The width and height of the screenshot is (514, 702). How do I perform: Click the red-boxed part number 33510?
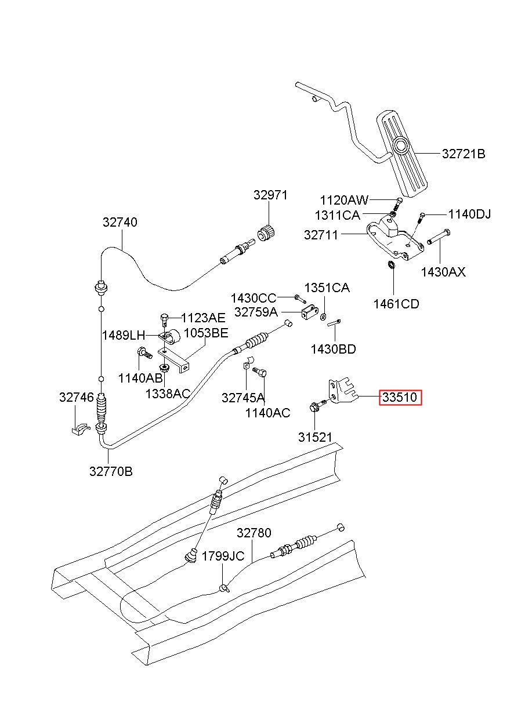[400, 398]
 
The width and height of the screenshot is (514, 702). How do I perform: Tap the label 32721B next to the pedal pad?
[464, 154]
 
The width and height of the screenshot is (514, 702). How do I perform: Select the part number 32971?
[270, 195]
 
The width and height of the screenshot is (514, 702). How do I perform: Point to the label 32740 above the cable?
[120, 222]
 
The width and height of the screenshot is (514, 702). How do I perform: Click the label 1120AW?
[345, 200]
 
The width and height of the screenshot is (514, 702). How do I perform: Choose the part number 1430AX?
[443, 272]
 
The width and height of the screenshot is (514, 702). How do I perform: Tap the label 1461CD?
[396, 304]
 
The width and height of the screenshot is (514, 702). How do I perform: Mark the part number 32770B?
[111, 471]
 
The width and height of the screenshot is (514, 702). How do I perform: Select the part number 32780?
[254, 533]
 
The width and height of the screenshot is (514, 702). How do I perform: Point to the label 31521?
[315, 437]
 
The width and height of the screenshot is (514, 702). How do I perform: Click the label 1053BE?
[206, 333]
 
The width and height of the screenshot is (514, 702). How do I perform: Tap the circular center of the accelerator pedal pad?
[401, 146]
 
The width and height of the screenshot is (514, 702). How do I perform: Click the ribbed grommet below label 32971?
[266, 234]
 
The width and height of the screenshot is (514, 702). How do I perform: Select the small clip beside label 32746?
[81, 428]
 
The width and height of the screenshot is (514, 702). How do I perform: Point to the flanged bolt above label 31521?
[317, 406]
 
